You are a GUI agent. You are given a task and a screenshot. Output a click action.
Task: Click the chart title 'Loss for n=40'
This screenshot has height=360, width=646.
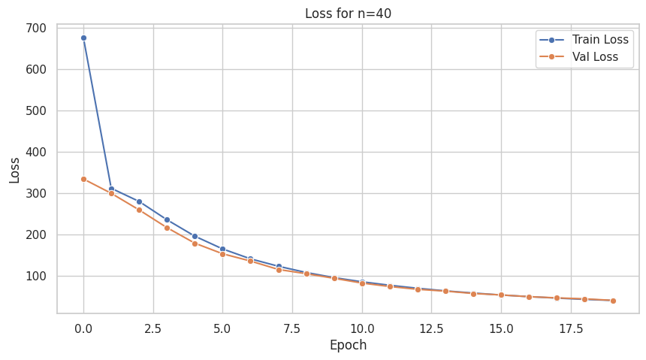(348, 14)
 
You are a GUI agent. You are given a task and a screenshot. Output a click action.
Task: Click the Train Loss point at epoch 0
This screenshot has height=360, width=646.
(83, 38)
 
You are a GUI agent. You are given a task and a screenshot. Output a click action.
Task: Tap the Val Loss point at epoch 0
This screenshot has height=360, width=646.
(83, 179)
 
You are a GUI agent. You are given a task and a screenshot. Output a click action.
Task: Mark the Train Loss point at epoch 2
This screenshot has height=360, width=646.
(139, 201)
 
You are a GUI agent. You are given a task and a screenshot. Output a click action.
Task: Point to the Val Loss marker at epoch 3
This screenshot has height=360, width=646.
(167, 228)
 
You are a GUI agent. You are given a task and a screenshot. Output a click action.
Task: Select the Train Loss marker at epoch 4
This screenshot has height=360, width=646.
(195, 236)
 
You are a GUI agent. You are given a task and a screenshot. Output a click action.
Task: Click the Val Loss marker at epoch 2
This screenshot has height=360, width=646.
(139, 210)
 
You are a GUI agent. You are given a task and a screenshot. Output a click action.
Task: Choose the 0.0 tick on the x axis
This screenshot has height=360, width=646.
(83, 328)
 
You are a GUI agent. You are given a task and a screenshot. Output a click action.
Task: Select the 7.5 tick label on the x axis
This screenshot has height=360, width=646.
(292, 328)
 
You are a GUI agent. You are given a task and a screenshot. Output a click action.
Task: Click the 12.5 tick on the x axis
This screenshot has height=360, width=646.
(431, 328)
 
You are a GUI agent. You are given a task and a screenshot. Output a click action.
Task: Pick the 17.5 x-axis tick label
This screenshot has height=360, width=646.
(571, 328)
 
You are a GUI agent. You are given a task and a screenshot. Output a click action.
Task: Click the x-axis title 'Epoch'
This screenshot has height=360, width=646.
(348, 346)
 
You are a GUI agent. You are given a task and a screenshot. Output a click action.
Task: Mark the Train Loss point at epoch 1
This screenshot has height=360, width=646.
(111, 189)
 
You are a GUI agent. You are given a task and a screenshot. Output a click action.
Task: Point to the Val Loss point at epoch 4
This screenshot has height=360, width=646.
(195, 244)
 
